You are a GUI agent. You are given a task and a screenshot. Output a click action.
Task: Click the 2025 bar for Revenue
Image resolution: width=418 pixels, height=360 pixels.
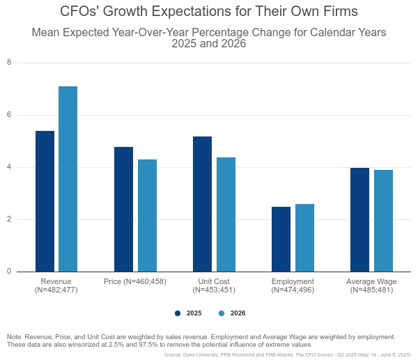click(45, 201)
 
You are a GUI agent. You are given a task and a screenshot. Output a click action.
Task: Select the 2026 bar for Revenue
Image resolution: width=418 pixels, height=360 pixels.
click(68, 179)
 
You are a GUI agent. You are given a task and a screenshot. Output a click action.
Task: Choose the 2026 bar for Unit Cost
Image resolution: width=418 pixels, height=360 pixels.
click(226, 214)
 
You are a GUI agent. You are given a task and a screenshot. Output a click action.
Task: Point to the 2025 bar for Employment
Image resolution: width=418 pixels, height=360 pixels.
click(281, 239)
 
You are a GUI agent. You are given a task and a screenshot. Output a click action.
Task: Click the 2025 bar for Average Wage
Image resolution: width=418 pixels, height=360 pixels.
click(360, 219)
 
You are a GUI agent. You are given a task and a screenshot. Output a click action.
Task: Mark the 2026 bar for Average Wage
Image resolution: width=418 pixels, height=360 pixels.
click(383, 221)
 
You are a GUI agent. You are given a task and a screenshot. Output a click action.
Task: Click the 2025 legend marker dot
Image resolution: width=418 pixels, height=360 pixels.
click(178, 313)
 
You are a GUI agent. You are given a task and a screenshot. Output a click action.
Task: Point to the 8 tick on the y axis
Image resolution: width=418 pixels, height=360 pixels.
click(9, 63)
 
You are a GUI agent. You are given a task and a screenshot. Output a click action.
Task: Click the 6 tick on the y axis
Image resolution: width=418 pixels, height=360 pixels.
click(9, 115)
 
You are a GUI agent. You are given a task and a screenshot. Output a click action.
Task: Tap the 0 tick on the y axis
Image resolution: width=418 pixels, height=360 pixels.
click(9, 272)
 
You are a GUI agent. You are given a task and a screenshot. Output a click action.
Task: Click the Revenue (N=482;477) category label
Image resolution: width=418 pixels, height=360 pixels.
click(56, 285)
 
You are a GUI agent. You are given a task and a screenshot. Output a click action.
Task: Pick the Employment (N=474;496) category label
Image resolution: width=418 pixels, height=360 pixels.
click(293, 285)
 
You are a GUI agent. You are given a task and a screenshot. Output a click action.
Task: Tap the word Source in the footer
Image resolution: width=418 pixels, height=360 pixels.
click(173, 354)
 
